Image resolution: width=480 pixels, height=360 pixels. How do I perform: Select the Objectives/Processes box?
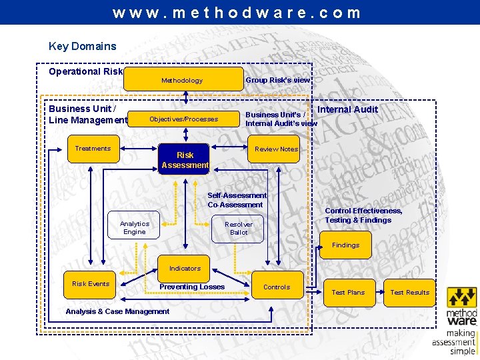tap(183, 119)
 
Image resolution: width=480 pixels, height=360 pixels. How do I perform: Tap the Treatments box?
tap(93, 149)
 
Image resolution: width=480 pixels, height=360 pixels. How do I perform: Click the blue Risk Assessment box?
tap(185, 160)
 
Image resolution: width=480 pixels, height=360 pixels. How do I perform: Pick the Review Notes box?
tap(276, 149)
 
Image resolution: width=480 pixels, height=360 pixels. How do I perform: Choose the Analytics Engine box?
tap(134, 227)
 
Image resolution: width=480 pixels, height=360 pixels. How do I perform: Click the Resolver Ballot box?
tap(238, 228)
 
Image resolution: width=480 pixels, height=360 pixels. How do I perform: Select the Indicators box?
tap(185, 268)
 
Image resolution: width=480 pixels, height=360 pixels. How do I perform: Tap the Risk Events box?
tap(91, 284)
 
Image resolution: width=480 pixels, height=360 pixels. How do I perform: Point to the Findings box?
tap(345, 245)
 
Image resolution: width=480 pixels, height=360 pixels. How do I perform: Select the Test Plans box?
tap(348, 292)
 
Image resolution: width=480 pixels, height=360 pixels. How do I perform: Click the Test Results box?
tap(409, 292)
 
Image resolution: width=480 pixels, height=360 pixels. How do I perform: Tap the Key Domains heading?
tap(82, 46)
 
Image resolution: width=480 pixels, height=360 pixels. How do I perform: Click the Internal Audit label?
tap(347, 109)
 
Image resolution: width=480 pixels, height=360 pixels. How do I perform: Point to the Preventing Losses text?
tap(192, 287)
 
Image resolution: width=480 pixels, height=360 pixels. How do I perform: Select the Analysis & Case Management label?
tap(117, 311)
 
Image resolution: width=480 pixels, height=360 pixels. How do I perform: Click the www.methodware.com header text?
tap(237, 13)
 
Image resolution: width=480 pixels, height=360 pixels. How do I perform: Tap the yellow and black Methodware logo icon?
tap(461, 297)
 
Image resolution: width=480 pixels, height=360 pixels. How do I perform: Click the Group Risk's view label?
tap(278, 80)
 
